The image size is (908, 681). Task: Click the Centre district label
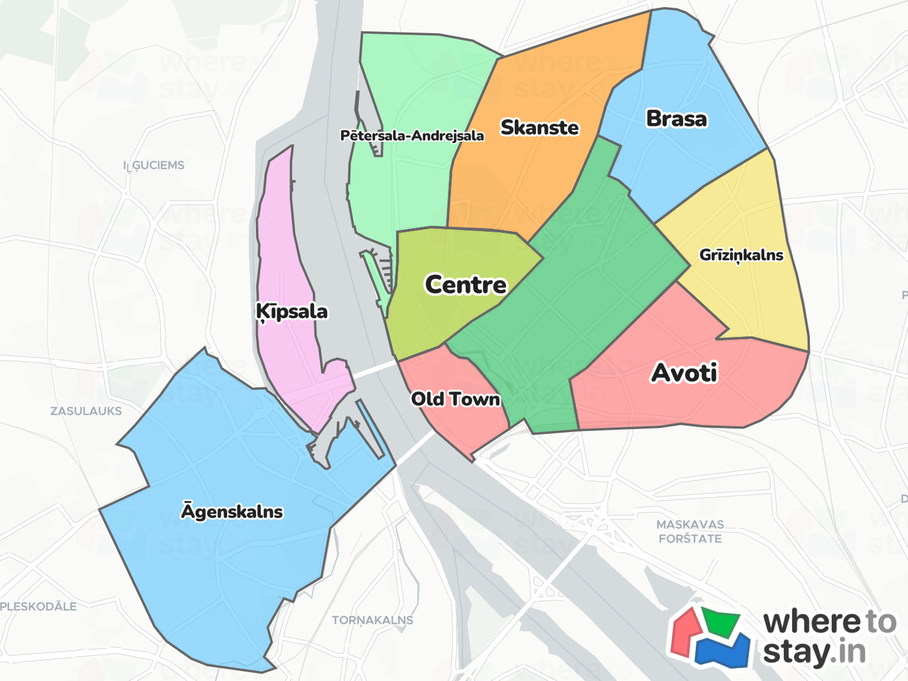tap(466, 285)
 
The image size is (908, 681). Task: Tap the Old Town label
tap(455, 399)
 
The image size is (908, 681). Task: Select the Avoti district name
tap(684, 373)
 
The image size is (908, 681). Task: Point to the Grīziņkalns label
tap(741, 255)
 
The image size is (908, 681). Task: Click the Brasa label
tap(676, 119)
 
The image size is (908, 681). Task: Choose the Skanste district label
tap(539, 128)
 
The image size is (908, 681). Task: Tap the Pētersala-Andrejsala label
tap(412, 136)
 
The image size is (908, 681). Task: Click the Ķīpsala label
tap(292, 312)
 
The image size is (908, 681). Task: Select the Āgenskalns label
tap(232, 511)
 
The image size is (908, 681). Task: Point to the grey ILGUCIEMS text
tap(154, 166)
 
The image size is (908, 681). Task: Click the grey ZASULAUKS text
tap(86, 411)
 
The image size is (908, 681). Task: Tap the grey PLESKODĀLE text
tap(38, 607)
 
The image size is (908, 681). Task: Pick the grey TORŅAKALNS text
tap(372, 620)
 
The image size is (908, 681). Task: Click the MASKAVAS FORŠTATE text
tap(690, 531)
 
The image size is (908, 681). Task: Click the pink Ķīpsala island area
tap(284, 254)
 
